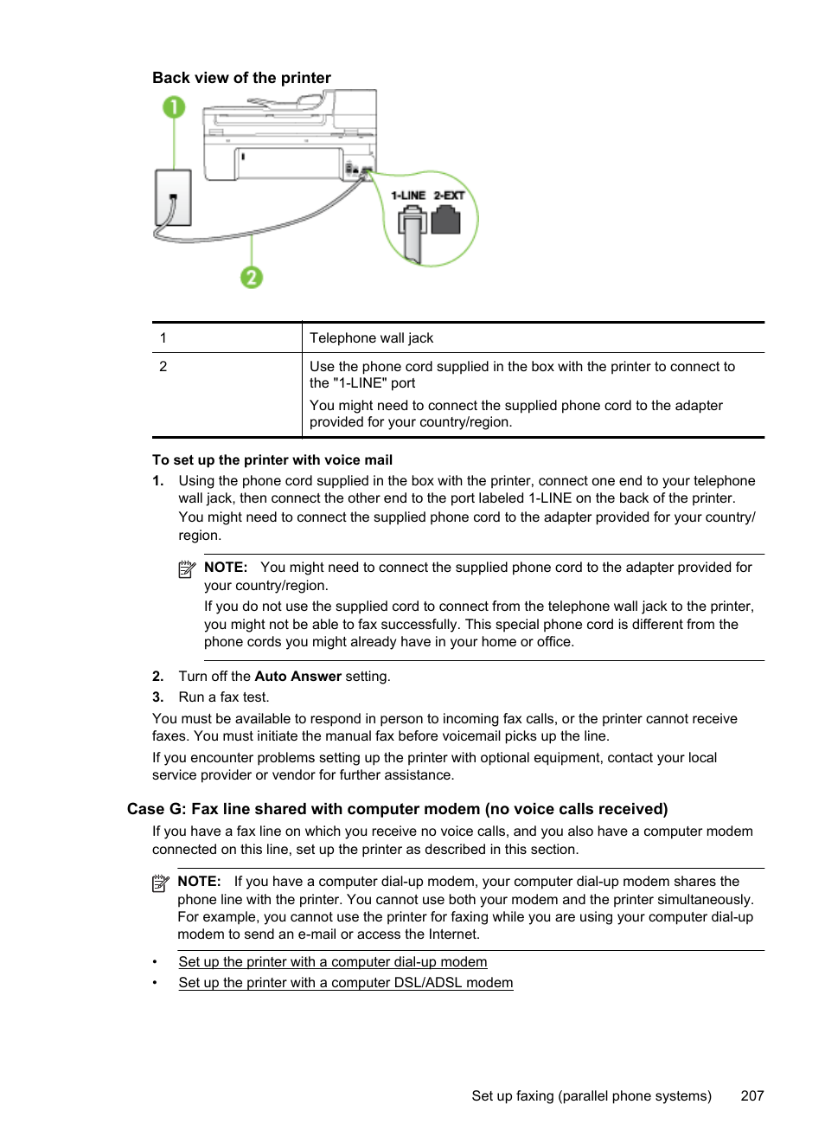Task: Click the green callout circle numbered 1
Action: (174, 107)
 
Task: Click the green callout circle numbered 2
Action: (252, 277)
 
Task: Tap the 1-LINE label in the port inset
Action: (408, 196)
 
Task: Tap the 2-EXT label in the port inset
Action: (450, 196)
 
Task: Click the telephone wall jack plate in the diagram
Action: (173, 197)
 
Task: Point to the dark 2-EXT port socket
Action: (446, 221)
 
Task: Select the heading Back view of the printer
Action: (241, 78)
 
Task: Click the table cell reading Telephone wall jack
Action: (372, 338)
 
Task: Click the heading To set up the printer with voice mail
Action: (272, 460)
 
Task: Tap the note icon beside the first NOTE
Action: (187, 568)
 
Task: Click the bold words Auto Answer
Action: (297, 677)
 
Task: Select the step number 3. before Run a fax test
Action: (158, 697)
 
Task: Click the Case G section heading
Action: (397, 809)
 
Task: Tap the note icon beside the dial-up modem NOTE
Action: (161, 883)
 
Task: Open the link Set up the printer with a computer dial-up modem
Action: (333, 962)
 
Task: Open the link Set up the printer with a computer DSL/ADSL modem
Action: (346, 983)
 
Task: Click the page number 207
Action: (752, 1096)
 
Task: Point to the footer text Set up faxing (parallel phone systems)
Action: (592, 1096)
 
